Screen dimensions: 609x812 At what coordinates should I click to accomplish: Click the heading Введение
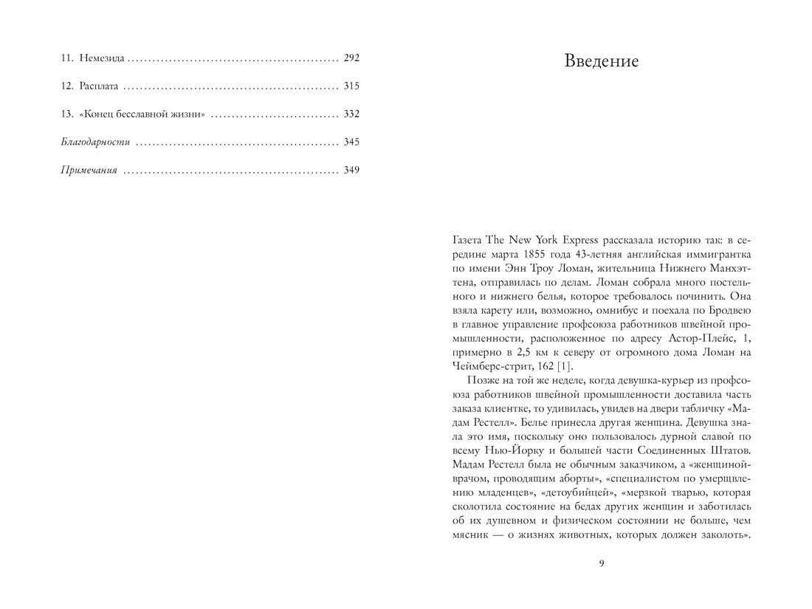pyautogui.click(x=601, y=61)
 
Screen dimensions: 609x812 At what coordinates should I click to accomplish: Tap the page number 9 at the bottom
pyautogui.click(x=601, y=563)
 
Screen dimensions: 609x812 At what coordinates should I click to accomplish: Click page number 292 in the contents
pyautogui.click(x=351, y=58)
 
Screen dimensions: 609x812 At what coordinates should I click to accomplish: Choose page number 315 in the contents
pyautogui.click(x=351, y=86)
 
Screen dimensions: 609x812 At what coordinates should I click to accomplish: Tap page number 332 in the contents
pyautogui.click(x=351, y=114)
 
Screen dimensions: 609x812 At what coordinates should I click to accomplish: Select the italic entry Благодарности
pyautogui.click(x=95, y=142)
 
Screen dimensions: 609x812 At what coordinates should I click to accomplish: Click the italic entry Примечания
pyautogui.click(x=89, y=171)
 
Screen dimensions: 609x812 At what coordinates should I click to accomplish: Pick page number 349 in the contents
pyautogui.click(x=351, y=171)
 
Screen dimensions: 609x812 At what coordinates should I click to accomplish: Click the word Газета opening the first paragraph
pyautogui.click(x=467, y=240)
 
